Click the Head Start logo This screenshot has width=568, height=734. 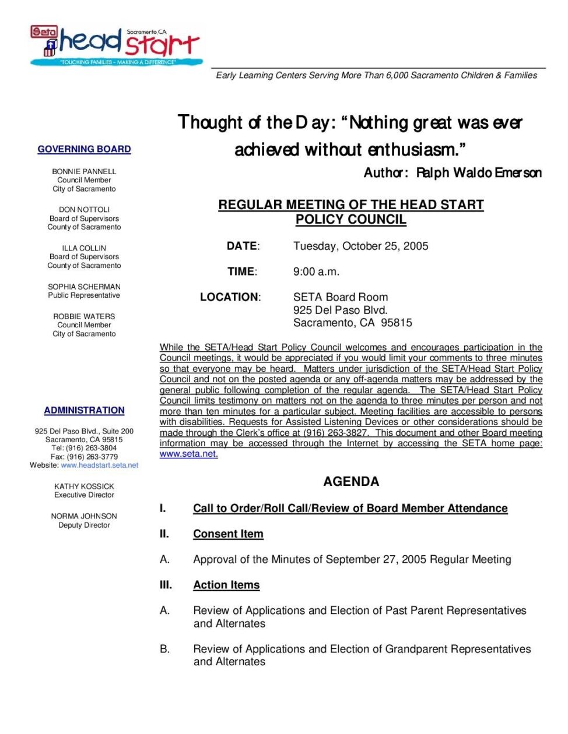coord(117,45)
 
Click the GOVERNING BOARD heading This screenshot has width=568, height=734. coord(84,149)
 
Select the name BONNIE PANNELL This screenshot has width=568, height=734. coord(84,171)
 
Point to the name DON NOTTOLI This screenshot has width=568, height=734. coord(84,210)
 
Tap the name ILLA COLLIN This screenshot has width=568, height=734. coord(84,248)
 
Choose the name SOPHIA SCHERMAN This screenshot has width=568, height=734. coord(84,287)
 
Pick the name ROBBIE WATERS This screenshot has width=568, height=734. coord(84,316)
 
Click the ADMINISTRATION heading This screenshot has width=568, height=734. coord(84,410)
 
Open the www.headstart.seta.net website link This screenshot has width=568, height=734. coord(100,465)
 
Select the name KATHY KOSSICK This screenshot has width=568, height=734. coord(84,486)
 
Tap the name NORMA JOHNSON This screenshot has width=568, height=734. coord(84,516)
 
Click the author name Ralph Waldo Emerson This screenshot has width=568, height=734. coord(479,173)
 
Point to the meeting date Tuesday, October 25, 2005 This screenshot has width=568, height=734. coord(360,246)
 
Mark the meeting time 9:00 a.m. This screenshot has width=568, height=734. coord(316,271)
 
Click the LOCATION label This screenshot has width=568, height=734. coord(230,297)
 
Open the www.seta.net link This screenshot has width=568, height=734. coord(188,454)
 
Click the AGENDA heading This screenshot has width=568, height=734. coord(351,482)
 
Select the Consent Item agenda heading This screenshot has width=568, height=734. coord(228,534)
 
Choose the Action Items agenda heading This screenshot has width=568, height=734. coord(226,585)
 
